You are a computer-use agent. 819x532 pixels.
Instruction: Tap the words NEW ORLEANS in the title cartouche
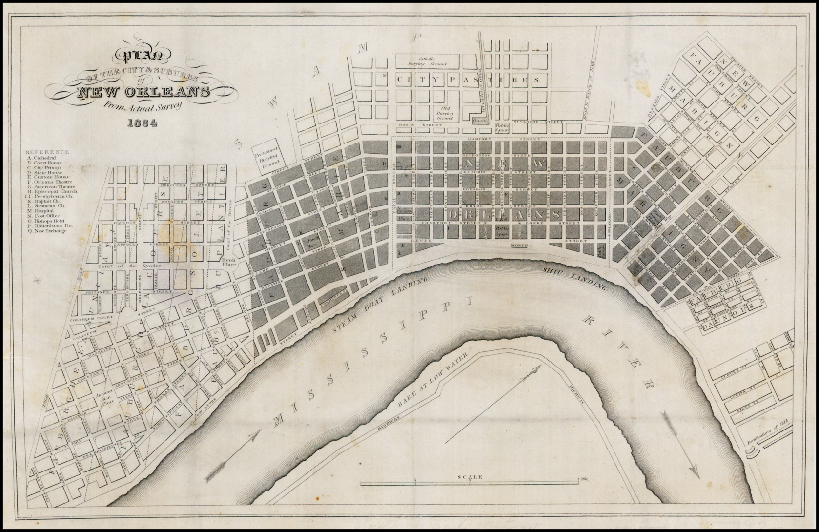pos(143,92)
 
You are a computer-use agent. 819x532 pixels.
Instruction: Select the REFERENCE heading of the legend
pos(47,152)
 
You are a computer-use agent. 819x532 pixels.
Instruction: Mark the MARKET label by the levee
pos(519,246)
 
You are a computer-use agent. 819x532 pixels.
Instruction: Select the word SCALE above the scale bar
pos(470,477)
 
